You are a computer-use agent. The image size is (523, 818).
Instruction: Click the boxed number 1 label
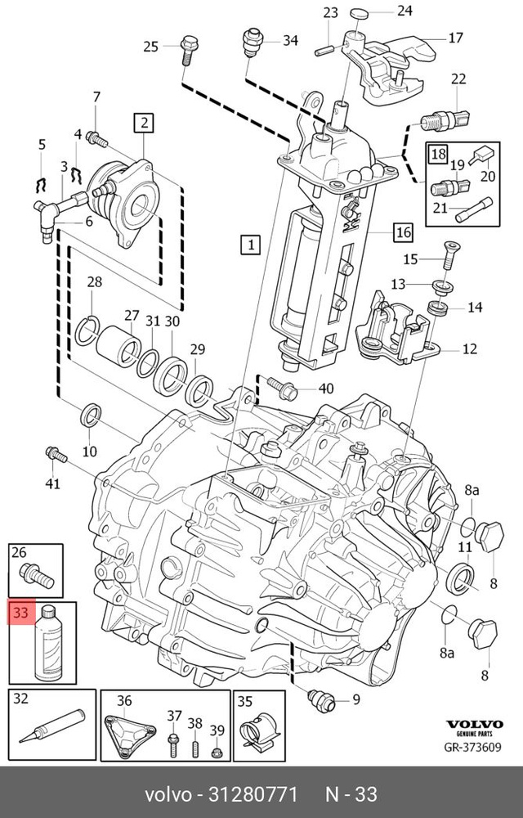tap(250, 244)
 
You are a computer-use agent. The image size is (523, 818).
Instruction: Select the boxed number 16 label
tap(403, 232)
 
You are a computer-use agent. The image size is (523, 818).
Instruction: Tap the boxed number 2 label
tap(143, 124)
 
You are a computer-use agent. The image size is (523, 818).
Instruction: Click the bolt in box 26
tap(36, 575)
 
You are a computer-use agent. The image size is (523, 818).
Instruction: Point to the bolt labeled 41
tap(54, 452)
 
